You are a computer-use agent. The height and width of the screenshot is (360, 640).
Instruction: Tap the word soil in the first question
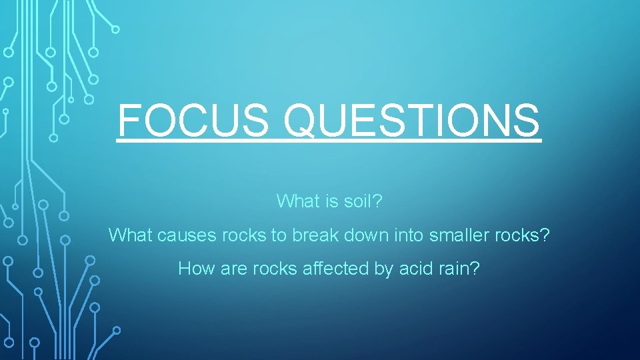coord(365,201)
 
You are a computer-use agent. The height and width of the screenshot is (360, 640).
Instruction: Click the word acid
coord(415,269)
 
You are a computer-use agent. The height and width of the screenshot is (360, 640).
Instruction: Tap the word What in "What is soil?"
coord(297,201)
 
